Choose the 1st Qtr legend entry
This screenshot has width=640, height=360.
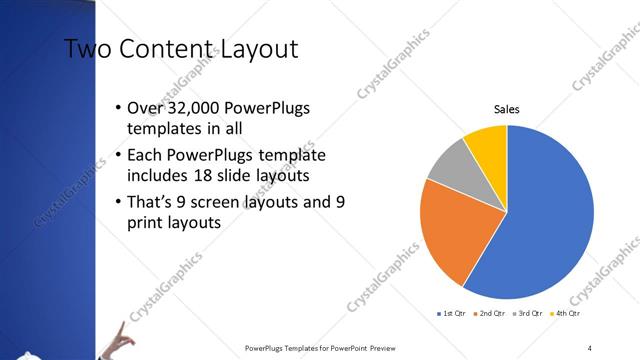click(449, 314)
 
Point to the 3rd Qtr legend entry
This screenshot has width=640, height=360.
click(527, 314)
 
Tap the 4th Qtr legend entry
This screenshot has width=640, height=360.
click(566, 314)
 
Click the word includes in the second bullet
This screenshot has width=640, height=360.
click(157, 177)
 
